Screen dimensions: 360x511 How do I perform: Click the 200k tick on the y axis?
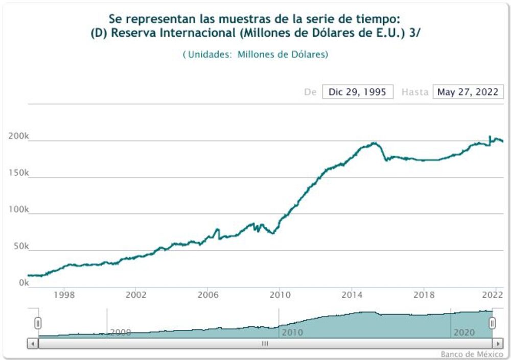[18, 136]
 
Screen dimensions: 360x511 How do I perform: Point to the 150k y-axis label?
[18, 173]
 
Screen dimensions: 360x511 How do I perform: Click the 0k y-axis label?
[23, 283]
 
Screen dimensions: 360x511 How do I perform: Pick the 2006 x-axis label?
[208, 295]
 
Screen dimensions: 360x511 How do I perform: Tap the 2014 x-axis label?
[352, 295]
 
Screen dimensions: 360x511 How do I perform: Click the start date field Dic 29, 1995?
[358, 92]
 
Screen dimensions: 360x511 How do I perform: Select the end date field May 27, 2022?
[468, 92]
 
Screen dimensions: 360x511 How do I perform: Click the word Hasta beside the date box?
[414, 92]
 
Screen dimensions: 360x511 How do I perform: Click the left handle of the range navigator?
[38, 323]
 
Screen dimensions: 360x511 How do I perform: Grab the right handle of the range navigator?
[492, 323]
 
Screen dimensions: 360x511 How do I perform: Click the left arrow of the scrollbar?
[33, 344]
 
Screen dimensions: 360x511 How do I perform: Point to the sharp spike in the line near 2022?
[490, 136]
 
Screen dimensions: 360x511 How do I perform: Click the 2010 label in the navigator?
[291, 332]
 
